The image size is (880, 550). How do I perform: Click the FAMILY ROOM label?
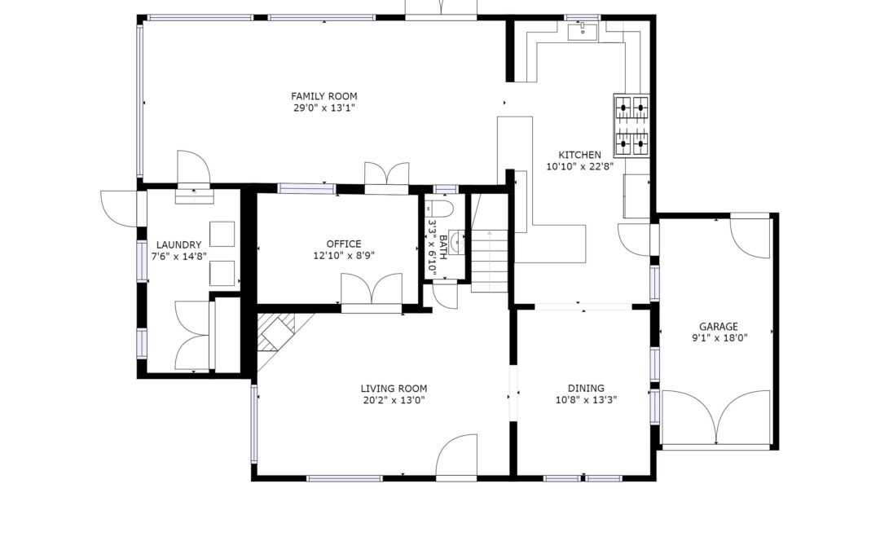pyautogui.click(x=323, y=96)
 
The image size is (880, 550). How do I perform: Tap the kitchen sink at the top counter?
pyautogui.click(x=583, y=32)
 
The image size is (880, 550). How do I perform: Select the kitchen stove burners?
pyautogui.click(x=631, y=125)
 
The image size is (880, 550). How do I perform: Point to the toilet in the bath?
pyautogui.click(x=439, y=209)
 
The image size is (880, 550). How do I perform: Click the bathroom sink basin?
pyautogui.click(x=458, y=241)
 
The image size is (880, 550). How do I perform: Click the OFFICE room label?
pyautogui.click(x=344, y=244)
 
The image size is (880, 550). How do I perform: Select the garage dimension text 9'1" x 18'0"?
pyautogui.click(x=719, y=338)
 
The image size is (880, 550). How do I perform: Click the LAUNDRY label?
pyautogui.click(x=178, y=244)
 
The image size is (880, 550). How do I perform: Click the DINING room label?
pyautogui.click(x=586, y=388)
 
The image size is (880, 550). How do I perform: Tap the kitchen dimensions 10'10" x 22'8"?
pyautogui.click(x=580, y=167)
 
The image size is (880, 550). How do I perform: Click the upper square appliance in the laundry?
pyautogui.click(x=222, y=234)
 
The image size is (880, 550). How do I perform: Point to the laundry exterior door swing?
pyautogui.click(x=118, y=209)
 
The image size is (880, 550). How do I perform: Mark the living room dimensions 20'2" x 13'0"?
pyautogui.click(x=394, y=400)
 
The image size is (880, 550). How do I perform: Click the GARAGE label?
pyautogui.click(x=719, y=326)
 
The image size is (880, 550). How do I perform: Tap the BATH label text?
pyautogui.click(x=443, y=248)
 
